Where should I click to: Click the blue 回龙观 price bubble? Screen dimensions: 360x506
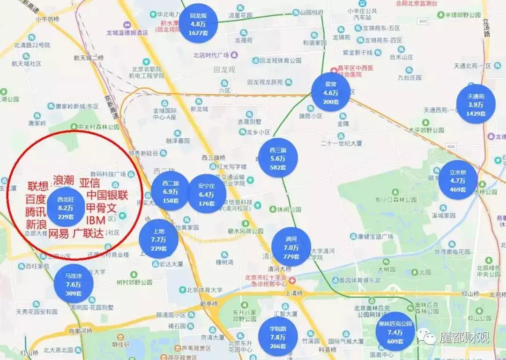[198, 24]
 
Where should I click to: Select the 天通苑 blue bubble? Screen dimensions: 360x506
[476, 104]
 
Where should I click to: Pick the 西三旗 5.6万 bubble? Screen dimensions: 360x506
[278, 158]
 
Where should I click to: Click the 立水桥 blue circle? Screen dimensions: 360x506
[458, 180]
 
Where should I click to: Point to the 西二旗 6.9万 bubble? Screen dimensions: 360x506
[171, 191]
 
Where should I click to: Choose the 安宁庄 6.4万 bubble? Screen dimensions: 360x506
[206, 194]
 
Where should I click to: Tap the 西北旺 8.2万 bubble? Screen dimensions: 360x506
[66, 207]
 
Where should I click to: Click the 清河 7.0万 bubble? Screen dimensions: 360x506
[291, 247]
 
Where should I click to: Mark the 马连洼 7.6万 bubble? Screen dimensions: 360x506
[74, 284]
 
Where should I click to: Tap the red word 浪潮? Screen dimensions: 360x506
[64, 181]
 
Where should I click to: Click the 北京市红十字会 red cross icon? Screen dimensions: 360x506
[292, 280]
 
